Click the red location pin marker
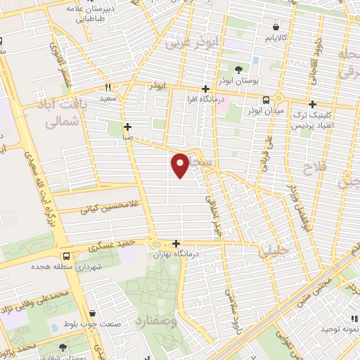click(181, 163)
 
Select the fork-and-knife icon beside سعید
click(108, 87)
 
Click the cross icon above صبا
click(127, 127)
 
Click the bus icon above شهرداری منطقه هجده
click(65, 256)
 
